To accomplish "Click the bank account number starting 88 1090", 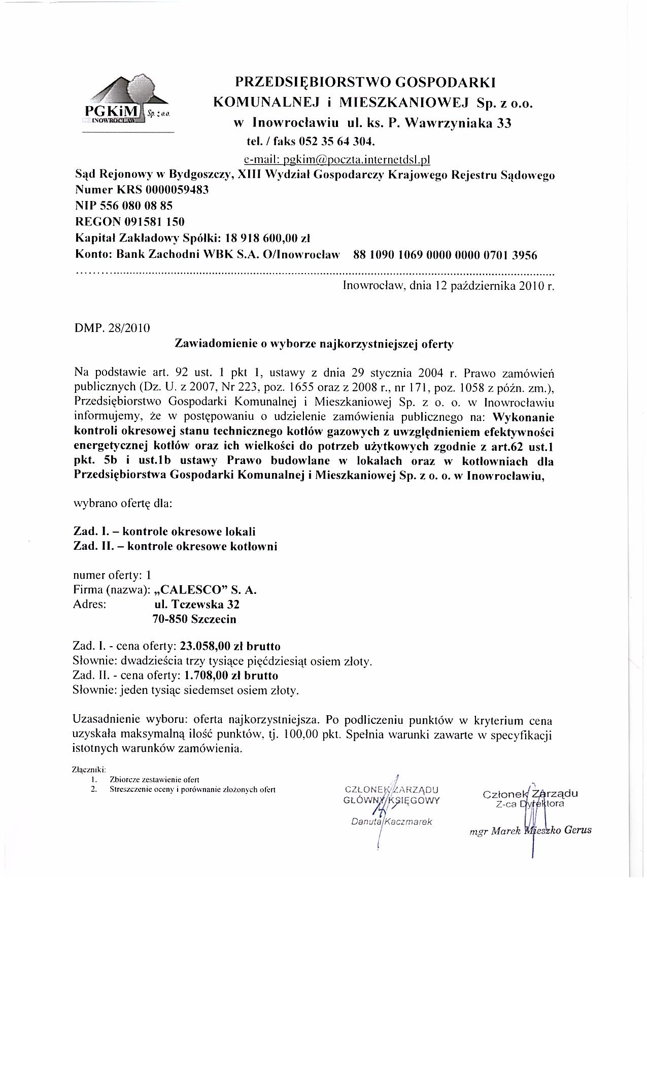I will tap(445, 255).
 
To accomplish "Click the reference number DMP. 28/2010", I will tap(112, 327).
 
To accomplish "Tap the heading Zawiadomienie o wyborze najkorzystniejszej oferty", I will tap(314, 344).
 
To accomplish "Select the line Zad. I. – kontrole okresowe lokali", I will tap(164, 531).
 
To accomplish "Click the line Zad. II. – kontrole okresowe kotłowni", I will tap(176, 547).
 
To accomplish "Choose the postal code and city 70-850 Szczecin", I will tap(194, 619).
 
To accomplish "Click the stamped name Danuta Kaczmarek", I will tap(391, 822).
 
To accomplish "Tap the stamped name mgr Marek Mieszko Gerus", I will tap(530, 831).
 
